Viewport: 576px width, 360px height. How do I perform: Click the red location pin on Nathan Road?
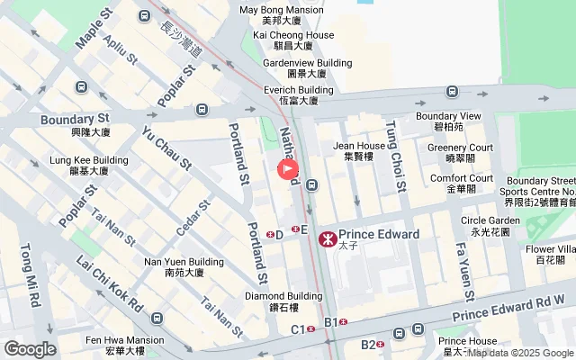pyautogui.click(x=288, y=168)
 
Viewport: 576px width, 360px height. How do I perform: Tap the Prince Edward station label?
pyautogui.click(x=378, y=234)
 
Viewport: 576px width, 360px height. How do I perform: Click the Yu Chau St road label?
pyautogui.click(x=167, y=148)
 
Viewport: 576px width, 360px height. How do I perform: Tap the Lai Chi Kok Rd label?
pyautogui.click(x=110, y=283)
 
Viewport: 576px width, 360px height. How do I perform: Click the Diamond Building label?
pyautogui.click(x=283, y=296)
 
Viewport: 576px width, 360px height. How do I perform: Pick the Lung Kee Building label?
pyautogui.click(x=89, y=160)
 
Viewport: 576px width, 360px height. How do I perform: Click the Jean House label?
pyautogui.click(x=359, y=145)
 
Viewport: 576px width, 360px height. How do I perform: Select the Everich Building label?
pyautogui.click(x=299, y=90)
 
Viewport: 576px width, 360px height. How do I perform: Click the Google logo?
pyautogui.click(x=30, y=349)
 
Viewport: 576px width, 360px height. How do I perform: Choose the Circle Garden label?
pyautogui.click(x=490, y=220)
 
